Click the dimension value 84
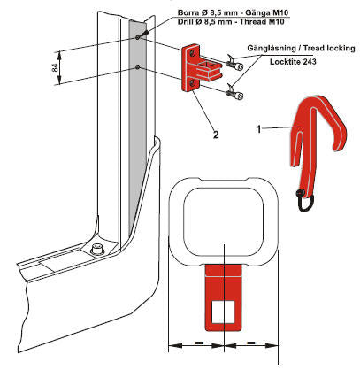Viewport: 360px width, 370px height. pos(55,67)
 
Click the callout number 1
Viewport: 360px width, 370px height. pos(258,129)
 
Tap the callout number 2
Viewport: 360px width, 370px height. pos(216,135)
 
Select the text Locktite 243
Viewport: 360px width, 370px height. pos(293,62)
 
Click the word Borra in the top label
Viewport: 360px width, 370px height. pos(187,12)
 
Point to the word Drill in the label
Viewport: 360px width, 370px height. pos(185,21)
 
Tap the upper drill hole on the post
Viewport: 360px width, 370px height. pos(138,37)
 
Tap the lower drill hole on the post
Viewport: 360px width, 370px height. pos(138,67)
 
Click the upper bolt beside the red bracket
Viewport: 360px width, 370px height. pos(235,65)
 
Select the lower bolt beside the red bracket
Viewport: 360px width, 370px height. pos(235,95)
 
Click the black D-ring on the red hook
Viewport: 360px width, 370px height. pos(305,202)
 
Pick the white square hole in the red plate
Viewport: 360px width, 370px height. pos(223,312)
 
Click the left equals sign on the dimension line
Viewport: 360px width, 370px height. pos(199,343)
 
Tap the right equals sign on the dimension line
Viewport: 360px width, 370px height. pos(251,343)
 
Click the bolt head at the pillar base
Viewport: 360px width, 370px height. pos(97,250)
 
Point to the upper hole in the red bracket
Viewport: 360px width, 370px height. pos(193,53)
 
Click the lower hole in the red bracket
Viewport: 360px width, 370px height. pos(193,83)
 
